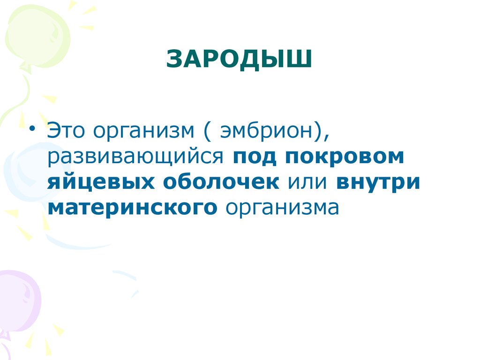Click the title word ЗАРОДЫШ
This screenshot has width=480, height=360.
pos(240,60)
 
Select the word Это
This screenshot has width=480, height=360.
pos(65,131)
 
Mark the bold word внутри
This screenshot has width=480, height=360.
pos(378,182)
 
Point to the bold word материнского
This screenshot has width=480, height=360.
pos(132,207)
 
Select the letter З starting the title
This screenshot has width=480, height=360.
pos(175,60)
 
